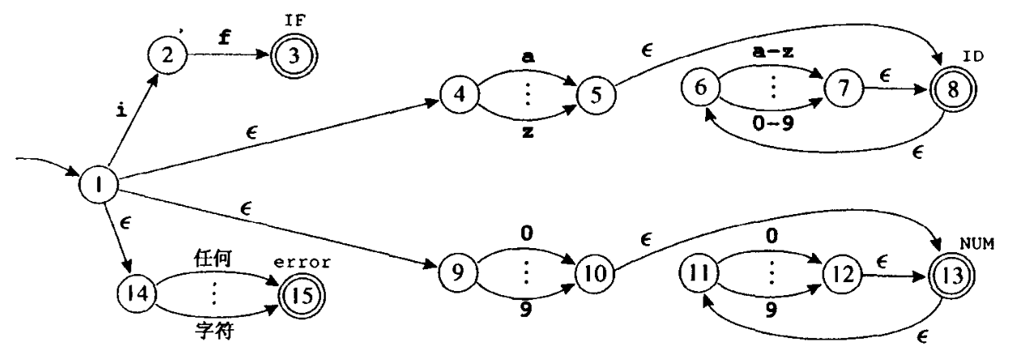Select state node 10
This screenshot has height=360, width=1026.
(592, 274)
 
